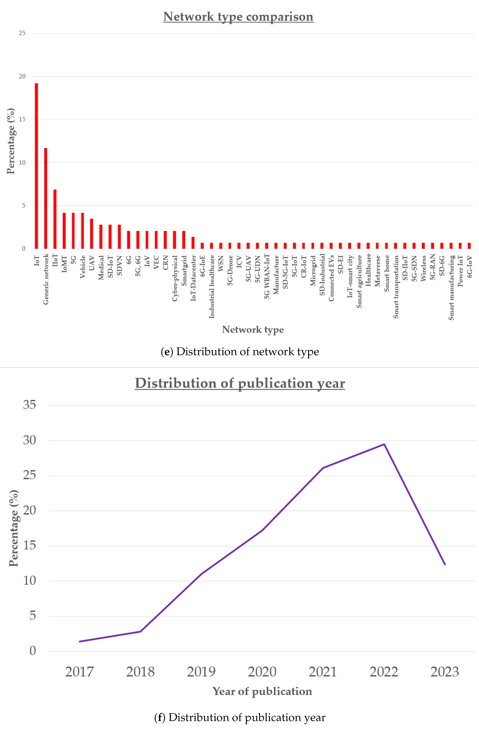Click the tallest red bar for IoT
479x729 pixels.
pos(36,166)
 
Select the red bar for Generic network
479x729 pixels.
pos(46,198)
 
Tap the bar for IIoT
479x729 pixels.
pos(55,219)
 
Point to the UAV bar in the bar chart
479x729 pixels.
pos(92,234)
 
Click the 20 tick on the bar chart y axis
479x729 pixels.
pos(22,76)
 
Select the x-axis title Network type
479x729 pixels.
pos(253,330)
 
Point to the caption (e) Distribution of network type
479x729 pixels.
pos(240,352)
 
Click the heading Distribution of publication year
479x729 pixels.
pos(240,383)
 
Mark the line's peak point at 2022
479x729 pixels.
pos(384,444)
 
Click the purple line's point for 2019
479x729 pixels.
pos(201,574)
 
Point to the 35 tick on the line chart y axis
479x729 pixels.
pos(29,405)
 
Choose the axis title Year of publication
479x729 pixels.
pos(262,691)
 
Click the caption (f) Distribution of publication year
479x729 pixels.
pos(240,717)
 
